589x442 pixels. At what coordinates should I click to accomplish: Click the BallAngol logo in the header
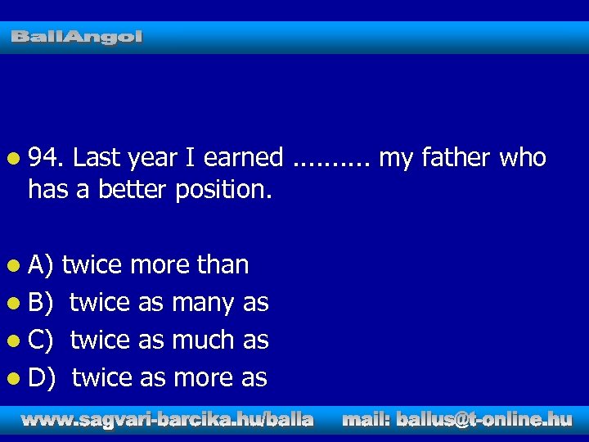click(x=77, y=37)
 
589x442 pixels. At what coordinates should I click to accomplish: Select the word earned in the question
click(x=244, y=157)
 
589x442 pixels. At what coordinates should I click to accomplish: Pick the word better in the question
click(x=132, y=190)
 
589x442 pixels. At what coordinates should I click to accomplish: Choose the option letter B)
click(x=41, y=302)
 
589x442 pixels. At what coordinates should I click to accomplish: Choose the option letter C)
click(x=41, y=340)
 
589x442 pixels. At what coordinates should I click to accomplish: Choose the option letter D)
click(x=42, y=377)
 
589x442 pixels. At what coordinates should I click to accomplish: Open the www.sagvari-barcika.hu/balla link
click(x=167, y=420)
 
